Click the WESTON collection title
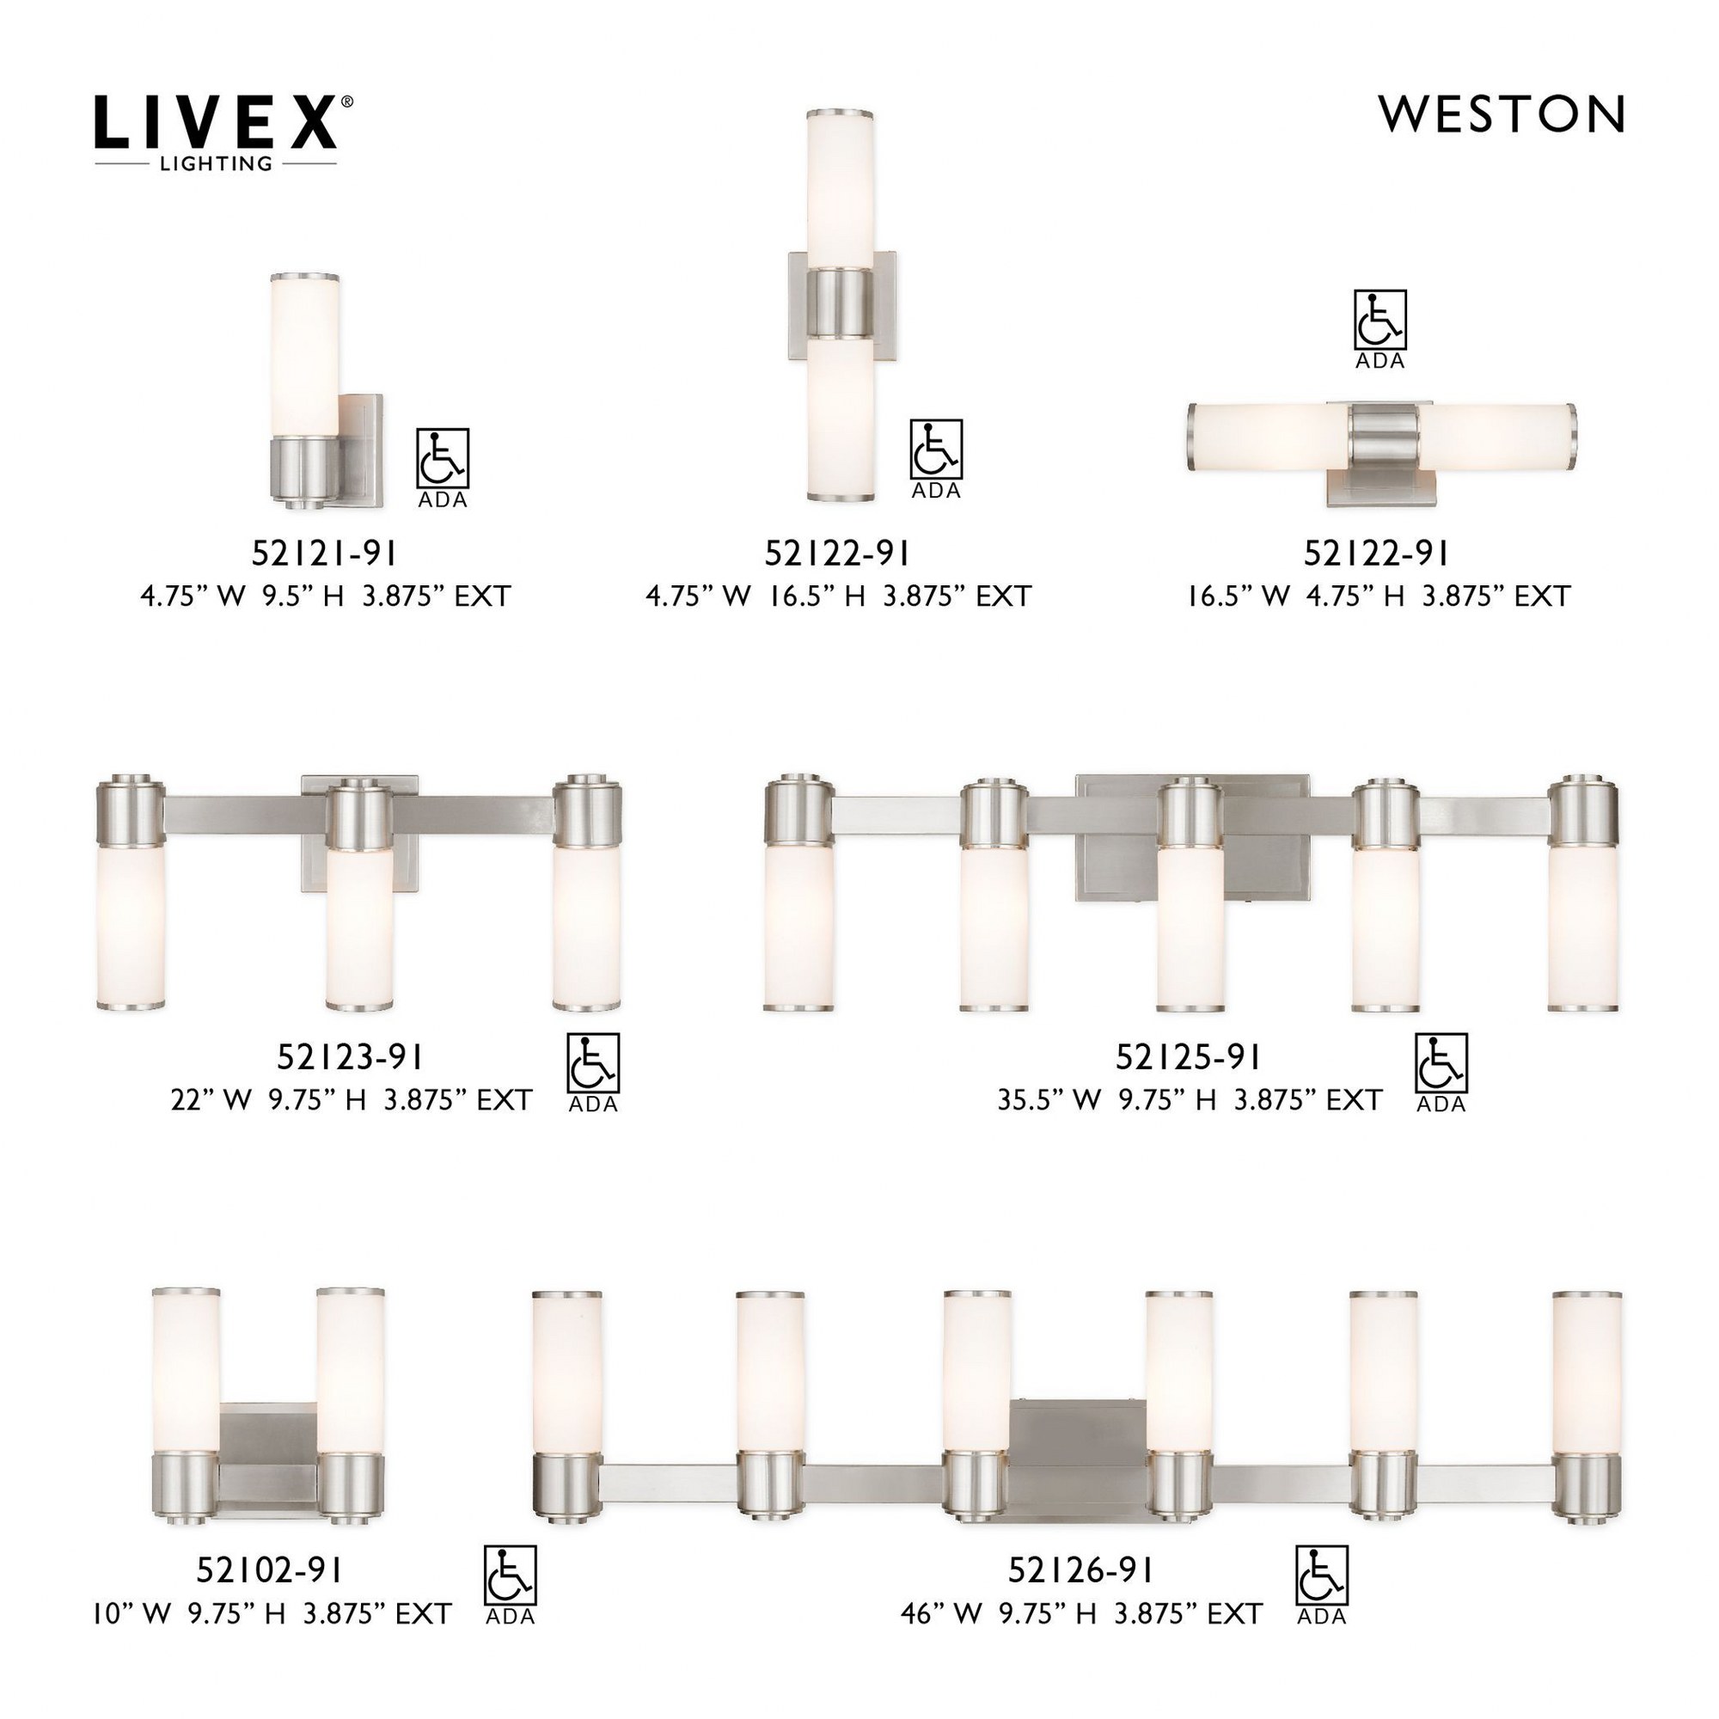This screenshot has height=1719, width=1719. click(1502, 114)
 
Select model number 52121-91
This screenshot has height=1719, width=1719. click(324, 554)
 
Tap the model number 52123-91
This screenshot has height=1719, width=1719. click(350, 1057)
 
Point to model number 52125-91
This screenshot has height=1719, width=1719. click(1188, 1057)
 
